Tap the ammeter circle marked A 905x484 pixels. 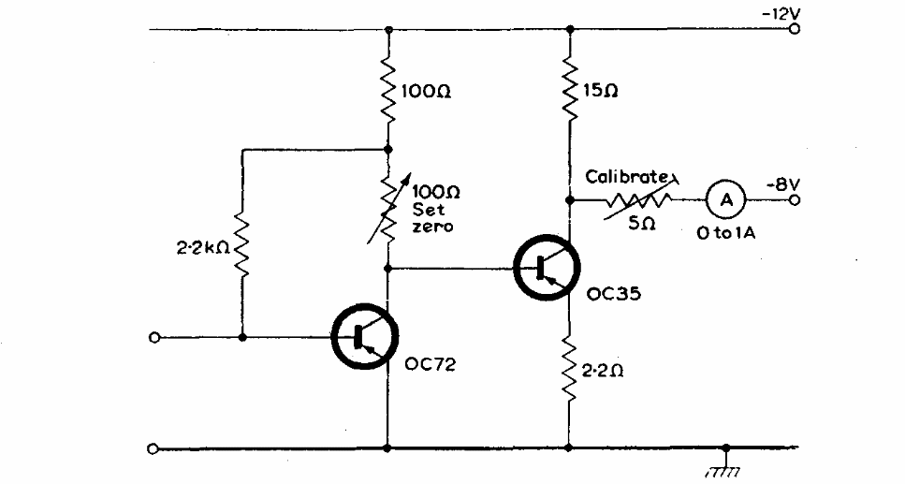pos(723,199)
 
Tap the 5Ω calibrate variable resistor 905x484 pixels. pos(640,199)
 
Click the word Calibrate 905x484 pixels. pos(626,176)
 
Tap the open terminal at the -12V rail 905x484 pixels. pos(795,30)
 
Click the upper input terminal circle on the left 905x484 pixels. pos(153,338)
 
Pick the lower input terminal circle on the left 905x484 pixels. pos(153,448)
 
